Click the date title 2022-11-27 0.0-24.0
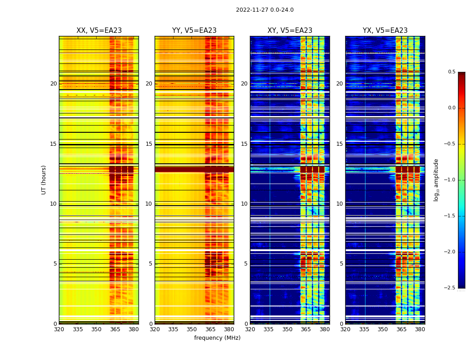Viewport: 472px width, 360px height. [265, 10]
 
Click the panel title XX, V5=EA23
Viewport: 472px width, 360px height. [99, 31]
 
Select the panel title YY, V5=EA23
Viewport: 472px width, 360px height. [194, 31]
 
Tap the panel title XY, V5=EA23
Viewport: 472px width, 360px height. [290, 31]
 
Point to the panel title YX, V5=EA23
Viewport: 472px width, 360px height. [385, 31]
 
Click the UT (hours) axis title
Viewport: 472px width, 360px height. [44, 180]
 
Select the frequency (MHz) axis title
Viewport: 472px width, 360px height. [217, 338]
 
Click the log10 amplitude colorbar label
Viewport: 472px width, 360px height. [436, 180]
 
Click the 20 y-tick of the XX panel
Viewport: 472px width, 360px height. [53, 84]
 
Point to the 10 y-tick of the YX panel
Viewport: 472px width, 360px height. [340, 204]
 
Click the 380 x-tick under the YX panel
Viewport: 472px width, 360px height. [420, 329]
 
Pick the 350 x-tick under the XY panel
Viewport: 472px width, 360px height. [287, 329]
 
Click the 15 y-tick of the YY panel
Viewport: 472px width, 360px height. [149, 144]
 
